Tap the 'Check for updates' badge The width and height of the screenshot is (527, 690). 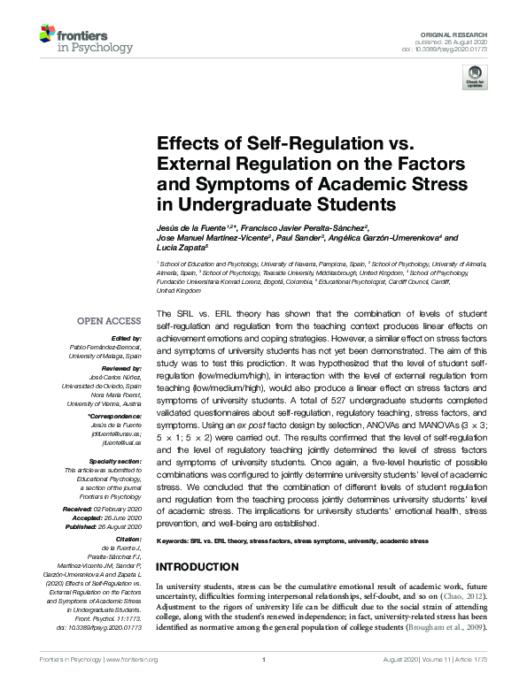coord(475,80)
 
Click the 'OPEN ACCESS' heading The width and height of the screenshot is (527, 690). coord(110,321)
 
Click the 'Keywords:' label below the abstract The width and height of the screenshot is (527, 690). coord(175,540)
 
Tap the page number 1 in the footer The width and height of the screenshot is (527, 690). coord(264,684)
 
